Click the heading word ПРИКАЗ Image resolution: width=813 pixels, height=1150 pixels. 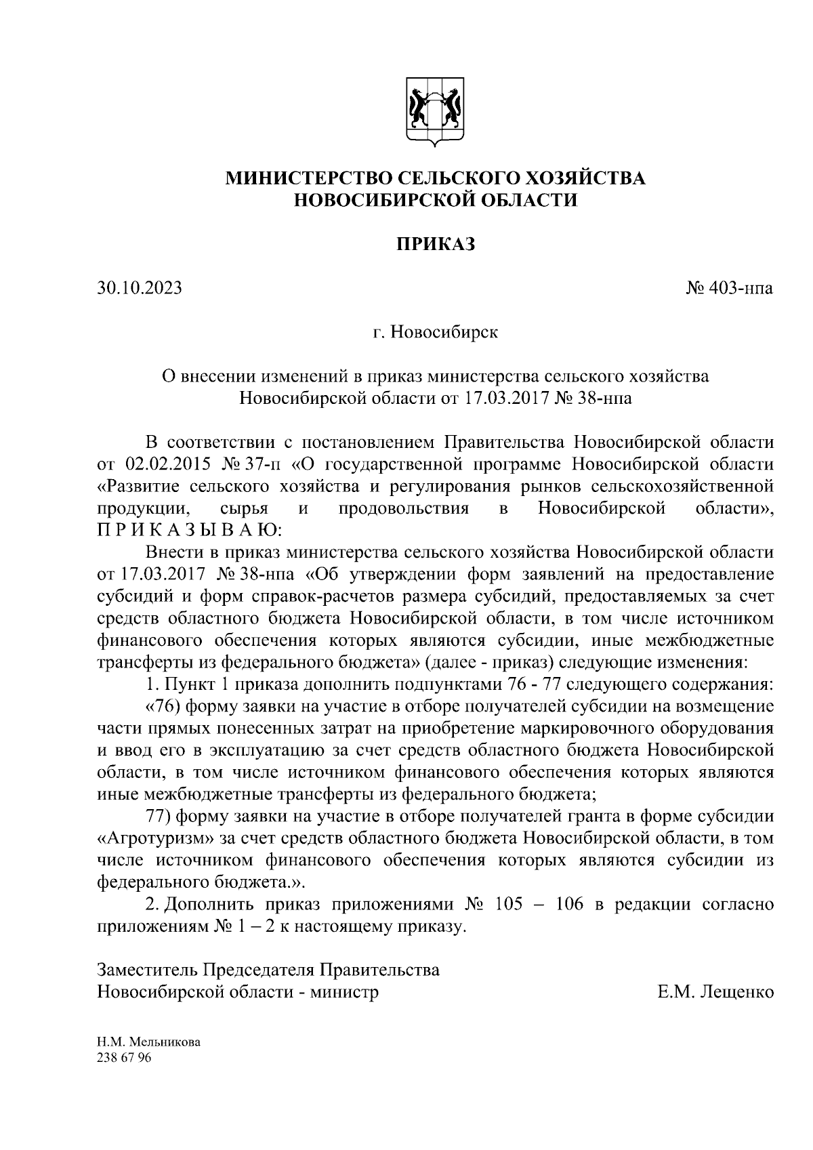435,243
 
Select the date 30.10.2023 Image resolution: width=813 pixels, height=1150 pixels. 140,289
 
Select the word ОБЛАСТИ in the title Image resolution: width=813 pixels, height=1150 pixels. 529,200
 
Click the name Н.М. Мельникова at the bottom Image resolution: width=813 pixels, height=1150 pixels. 149,1043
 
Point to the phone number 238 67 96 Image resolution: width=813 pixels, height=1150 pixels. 125,1059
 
